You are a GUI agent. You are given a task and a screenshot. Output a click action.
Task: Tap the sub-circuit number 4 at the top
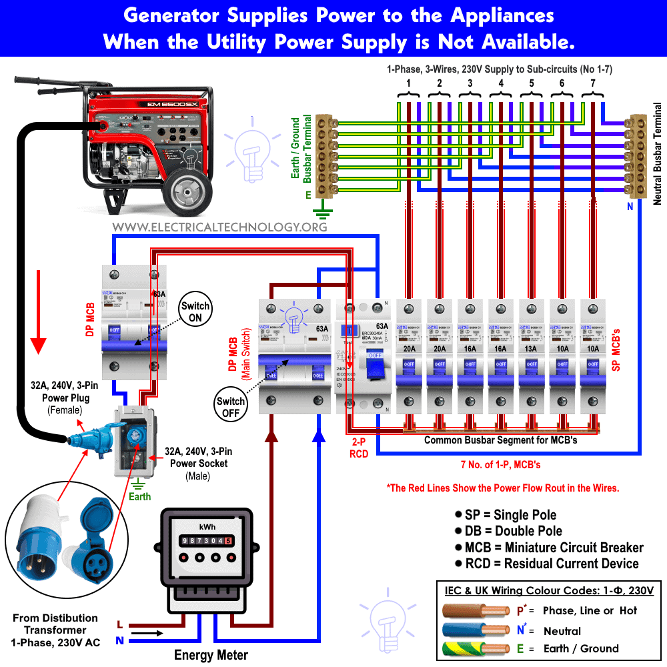click(x=501, y=83)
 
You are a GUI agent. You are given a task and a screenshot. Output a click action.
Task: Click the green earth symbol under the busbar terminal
click(x=323, y=213)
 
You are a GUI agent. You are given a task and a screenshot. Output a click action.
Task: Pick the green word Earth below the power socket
click(x=139, y=496)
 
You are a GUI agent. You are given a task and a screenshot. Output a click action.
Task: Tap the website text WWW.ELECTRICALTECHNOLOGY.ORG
click(x=219, y=227)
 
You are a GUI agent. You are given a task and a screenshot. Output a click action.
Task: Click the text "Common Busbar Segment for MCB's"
click(x=500, y=440)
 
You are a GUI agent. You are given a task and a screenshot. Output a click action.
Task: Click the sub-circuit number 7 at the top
click(x=593, y=83)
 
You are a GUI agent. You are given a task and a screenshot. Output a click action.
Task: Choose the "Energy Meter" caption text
click(x=211, y=654)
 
